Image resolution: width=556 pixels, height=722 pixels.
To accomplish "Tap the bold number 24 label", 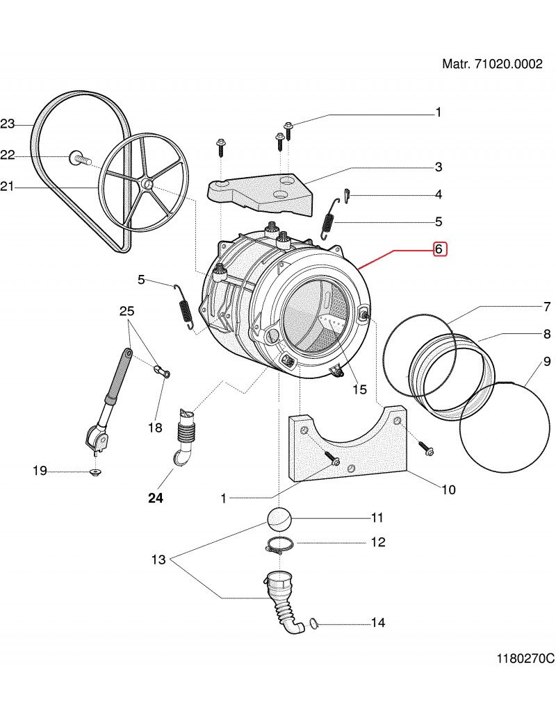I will pos(156,498).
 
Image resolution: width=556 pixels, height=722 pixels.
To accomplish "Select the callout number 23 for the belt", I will pos(8,124).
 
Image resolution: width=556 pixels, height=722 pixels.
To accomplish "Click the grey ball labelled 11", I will pos(279,518).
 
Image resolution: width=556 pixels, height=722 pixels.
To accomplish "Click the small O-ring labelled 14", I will pos(313,623).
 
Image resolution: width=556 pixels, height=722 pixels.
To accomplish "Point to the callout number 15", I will pos(359,389).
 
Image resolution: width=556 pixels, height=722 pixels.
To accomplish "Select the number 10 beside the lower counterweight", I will pos(448,490).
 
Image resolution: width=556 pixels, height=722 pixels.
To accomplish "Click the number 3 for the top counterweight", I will pos(439,167).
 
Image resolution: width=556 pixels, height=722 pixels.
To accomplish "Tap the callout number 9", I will pos(547,362).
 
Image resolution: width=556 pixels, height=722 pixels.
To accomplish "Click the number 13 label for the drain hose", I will pos(159,560).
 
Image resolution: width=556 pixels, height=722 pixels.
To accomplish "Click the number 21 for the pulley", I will pos(8,186).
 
